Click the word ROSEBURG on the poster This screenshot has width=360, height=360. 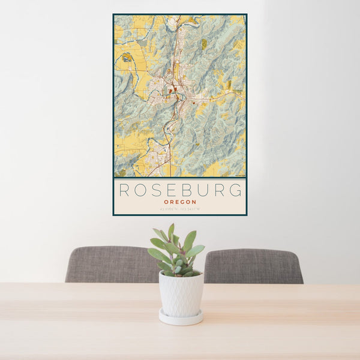pyautogui.click(x=180, y=190)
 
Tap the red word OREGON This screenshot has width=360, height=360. pyautogui.click(x=180, y=202)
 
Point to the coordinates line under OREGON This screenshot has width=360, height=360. pyautogui.click(x=180, y=209)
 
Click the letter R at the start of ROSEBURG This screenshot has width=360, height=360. pyautogui.click(x=124, y=190)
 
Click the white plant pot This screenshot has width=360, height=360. pyautogui.click(x=181, y=293)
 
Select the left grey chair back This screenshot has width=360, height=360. pyautogui.click(x=111, y=264)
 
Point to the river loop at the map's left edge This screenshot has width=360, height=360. pyautogui.click(x=127, y=58)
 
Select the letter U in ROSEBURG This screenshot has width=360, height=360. pyautogui.click(x=203, y=190)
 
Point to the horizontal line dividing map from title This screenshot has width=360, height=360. pyautogui.click(x=180, y=178)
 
